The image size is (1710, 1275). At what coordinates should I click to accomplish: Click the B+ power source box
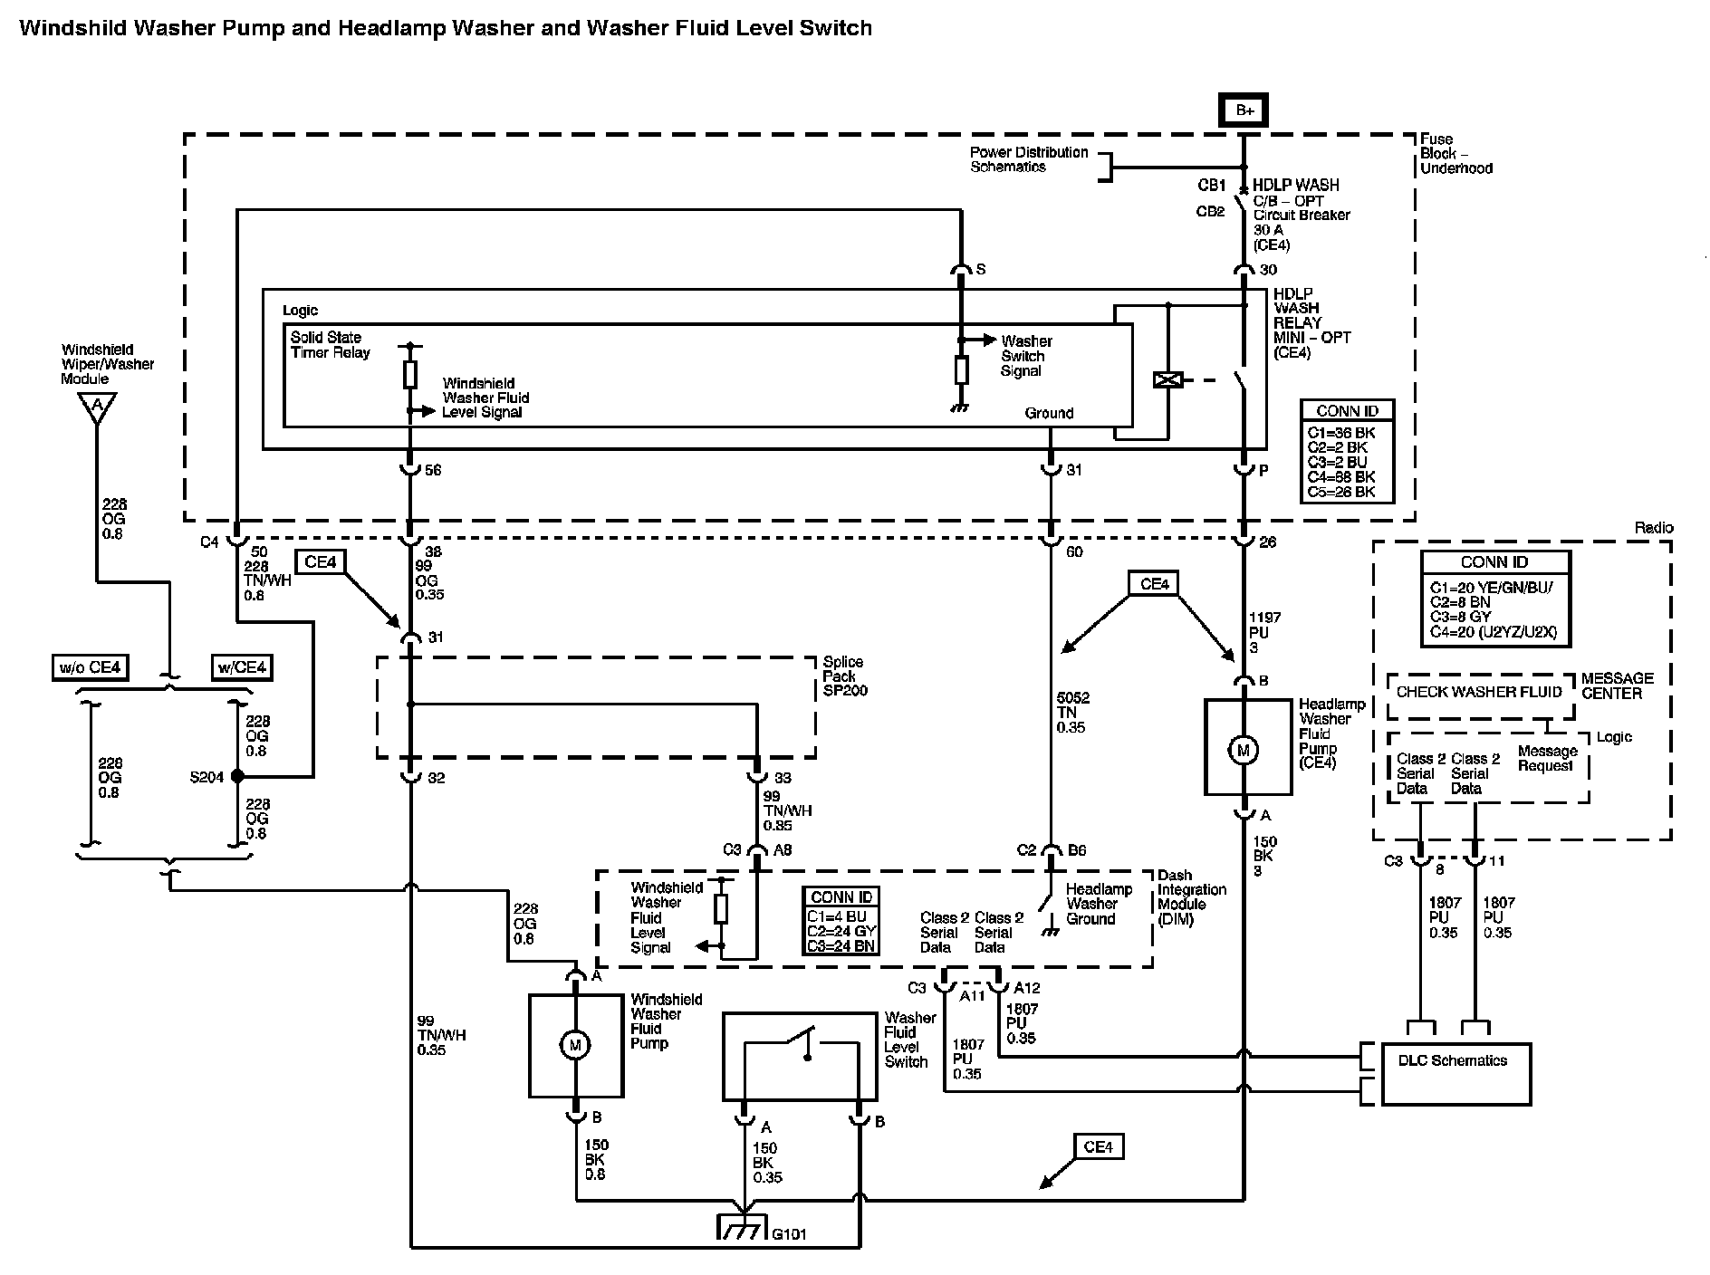tap(1243, 110)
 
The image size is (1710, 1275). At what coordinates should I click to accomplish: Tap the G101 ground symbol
tap(743, 1226)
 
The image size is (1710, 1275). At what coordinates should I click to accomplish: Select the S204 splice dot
tap(237, 776)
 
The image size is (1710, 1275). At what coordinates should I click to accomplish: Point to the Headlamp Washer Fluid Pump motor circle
tap(1243, 749)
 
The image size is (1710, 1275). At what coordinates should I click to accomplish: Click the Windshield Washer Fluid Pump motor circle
tap(574, 1045)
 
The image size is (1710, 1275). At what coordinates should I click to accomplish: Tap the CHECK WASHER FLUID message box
tap(1479, 694)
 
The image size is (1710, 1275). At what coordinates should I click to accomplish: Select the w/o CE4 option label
tap(90, 668)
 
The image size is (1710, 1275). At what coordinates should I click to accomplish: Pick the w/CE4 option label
tap(241, 668)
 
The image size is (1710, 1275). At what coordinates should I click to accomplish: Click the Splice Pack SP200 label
tap(843, 676)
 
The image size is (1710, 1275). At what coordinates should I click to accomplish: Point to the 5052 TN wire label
tap(1072, 713)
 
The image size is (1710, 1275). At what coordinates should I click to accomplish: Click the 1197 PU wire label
tap(1263, 632)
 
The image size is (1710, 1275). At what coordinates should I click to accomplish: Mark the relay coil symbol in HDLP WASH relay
tap(1167, 380)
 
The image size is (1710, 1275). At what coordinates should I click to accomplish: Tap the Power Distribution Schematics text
tap(1029, 159)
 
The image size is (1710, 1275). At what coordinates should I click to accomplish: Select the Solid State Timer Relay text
tap(331, 345)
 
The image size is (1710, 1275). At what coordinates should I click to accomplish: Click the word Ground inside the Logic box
tap(1049, 413)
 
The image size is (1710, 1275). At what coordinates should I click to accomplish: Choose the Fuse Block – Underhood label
tap(1455, 153)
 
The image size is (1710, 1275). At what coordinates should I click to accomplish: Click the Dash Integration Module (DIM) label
tap(1192, 897)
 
